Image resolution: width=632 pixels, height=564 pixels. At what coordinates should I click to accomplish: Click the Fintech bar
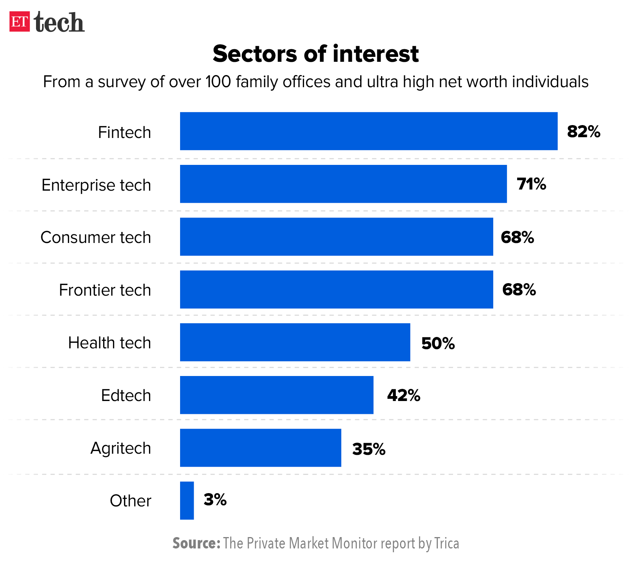pyautogui.click(x=369, y=131)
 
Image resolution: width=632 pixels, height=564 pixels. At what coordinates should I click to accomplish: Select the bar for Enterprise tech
pyautogui.click(x=343, y=184)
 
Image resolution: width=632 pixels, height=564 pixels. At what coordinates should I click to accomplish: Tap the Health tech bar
pyautogui.click(x=295, y=342)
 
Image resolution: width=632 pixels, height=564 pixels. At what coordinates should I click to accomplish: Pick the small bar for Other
pyautogui.click(x=187, y=500)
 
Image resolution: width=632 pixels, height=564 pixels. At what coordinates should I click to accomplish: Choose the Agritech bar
pyautogui.click(x=260, y=448)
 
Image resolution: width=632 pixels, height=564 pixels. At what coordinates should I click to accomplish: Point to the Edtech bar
pyautogui.click(x=276, y=395)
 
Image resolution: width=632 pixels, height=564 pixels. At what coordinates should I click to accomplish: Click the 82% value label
pyautogui.click(x=583, y=132)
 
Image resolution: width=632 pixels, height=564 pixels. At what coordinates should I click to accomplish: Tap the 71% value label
pyautogui.click(x=531, y=184)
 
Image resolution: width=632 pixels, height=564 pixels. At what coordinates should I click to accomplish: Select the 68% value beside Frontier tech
pyautogui.click(x=519, y=290)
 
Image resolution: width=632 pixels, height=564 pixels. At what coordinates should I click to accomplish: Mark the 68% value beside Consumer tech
pyautogui.click(x=517, y=237)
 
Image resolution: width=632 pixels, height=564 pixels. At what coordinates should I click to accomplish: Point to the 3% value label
pyautogui.click(x=215, y=500)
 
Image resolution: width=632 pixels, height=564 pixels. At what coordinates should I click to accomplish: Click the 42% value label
pyautogui.click(x=403, y=395)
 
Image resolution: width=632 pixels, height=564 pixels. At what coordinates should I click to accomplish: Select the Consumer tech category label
pyautogui.click(x=96, y=237)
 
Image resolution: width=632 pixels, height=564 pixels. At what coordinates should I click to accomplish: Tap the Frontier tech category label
pyautogui.click(x=105, y=290)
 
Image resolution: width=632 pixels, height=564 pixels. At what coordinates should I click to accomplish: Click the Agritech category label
pyautogui.click(x=121, y=448)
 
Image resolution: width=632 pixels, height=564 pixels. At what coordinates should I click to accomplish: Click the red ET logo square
pyautogui.click(x=19, y=22)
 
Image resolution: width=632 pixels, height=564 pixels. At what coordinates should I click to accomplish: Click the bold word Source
pyautogui.click(x=196, y=543)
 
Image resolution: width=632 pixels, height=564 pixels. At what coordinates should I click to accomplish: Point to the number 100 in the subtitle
pyautogui.click(x=218, y=81)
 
